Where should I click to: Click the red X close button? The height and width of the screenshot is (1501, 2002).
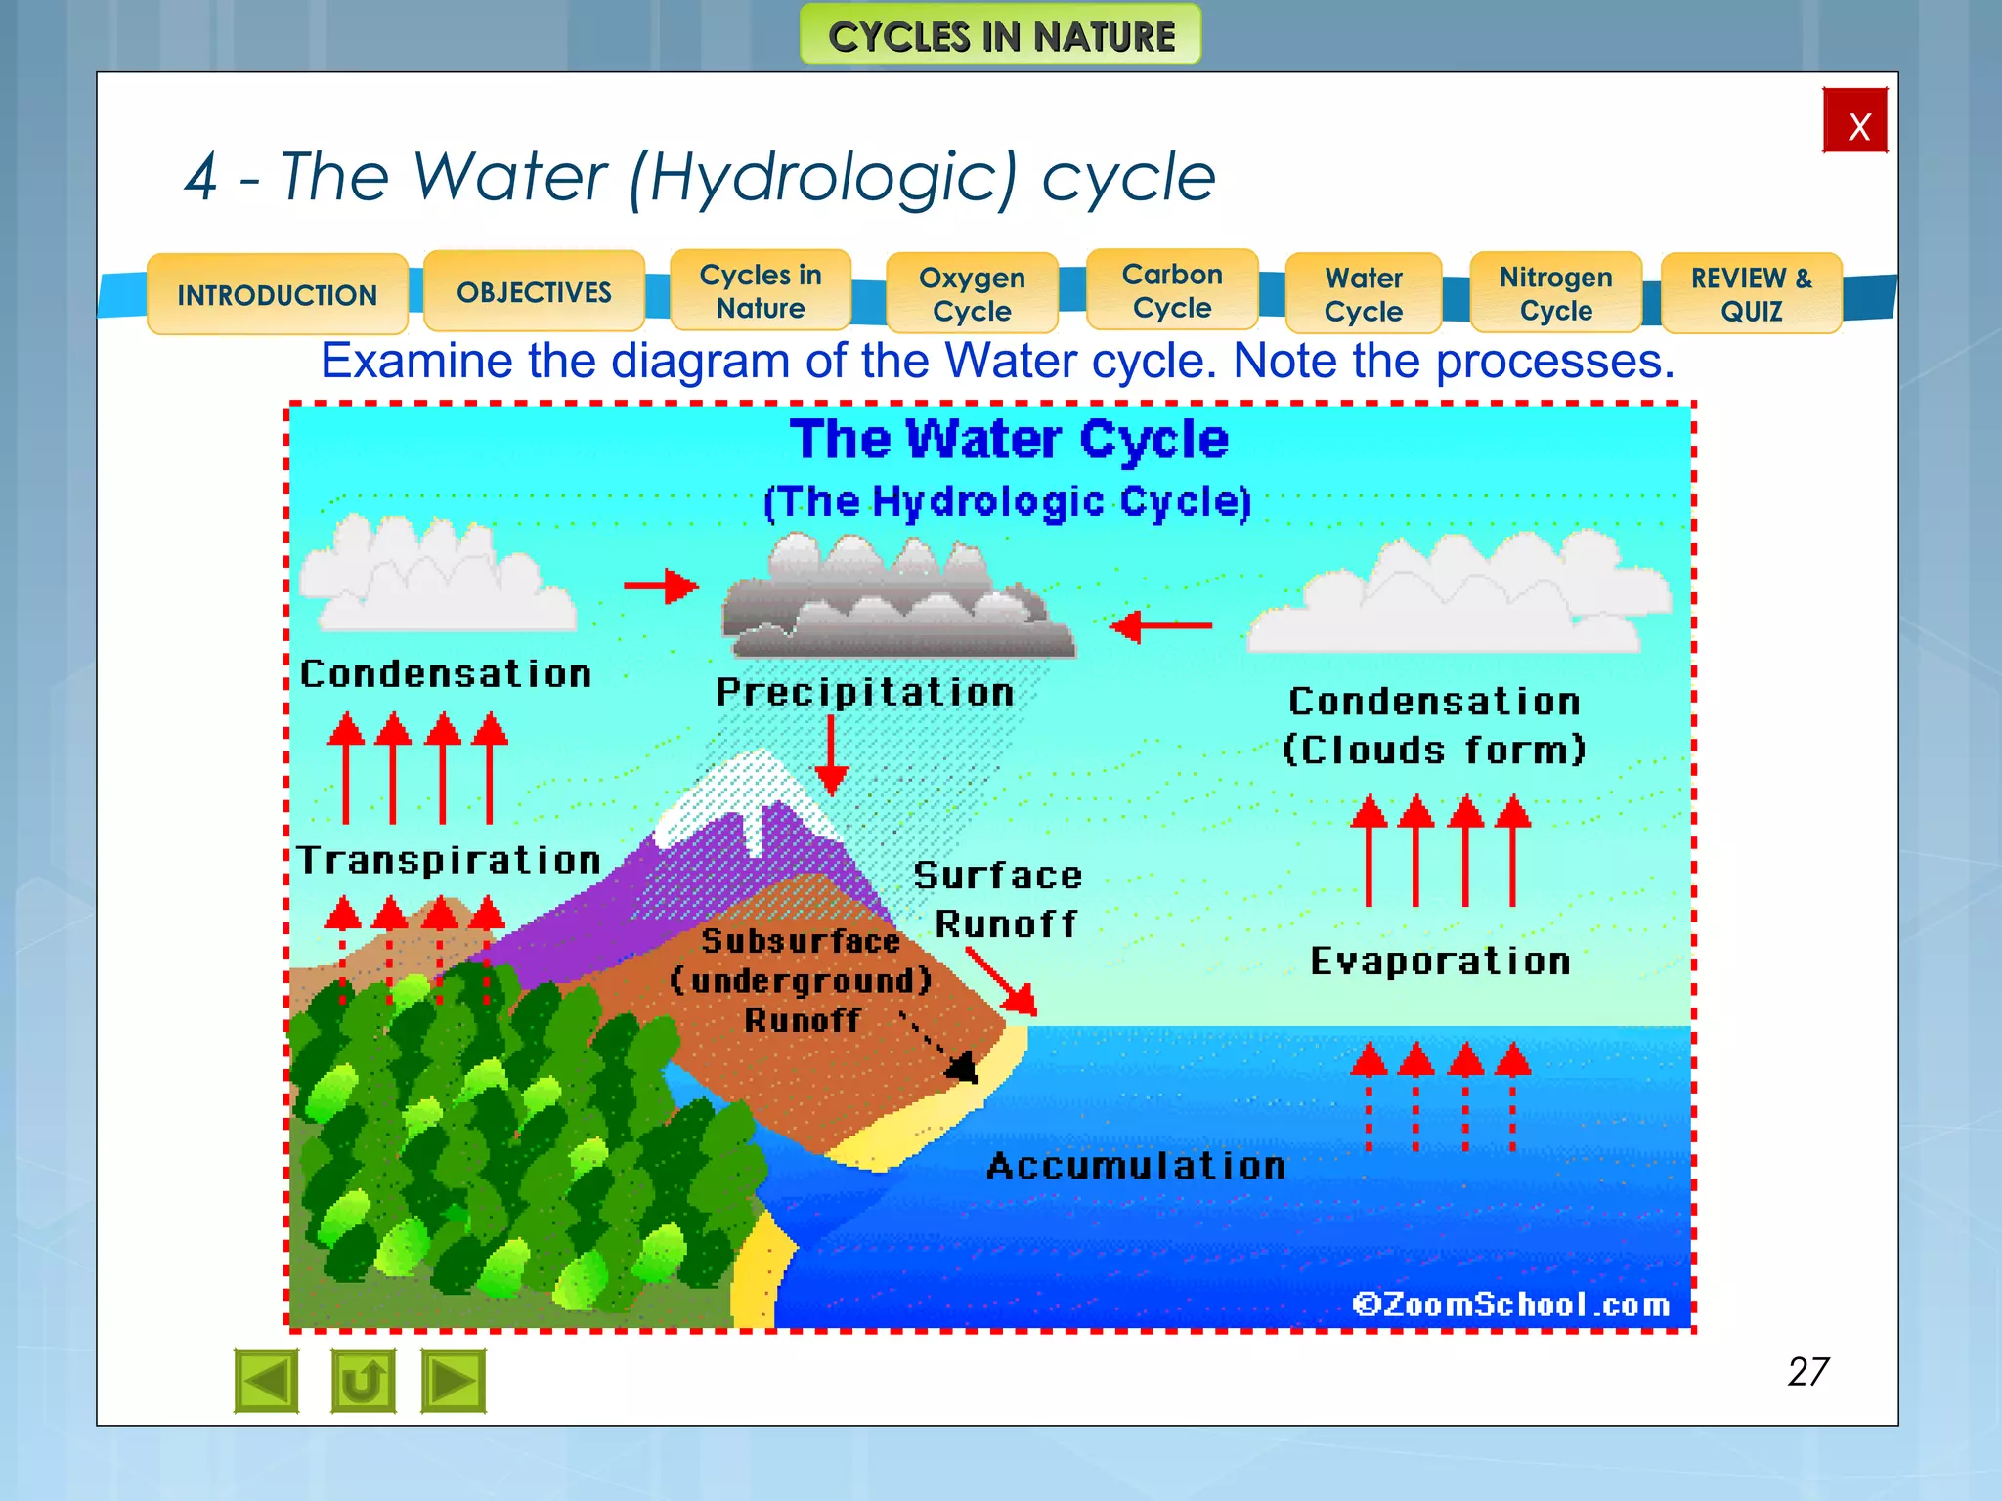point(1854,121)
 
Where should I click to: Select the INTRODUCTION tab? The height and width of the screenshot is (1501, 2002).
point(278,294)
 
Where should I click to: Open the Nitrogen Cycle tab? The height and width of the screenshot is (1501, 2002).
point(1555,293)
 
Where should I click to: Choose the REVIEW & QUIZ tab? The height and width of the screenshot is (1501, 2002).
point(1751,293)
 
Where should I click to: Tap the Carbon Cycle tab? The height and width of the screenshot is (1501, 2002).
point(1172,290)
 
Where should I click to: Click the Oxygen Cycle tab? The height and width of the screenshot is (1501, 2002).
point(972,293)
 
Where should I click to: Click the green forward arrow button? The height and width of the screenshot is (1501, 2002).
point(453,1381)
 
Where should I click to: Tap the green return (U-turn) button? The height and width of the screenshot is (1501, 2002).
point(363,1381)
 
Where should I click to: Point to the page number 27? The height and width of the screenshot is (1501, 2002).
point(1807,1372)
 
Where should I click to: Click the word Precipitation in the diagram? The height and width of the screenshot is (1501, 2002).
point(865,692)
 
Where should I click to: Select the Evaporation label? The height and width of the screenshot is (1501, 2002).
point(1440,962)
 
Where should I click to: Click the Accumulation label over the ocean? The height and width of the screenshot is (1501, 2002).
point(1136,1166)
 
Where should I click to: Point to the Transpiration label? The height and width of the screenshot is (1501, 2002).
point(449,860)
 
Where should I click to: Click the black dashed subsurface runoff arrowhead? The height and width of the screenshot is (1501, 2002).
point(963,1067)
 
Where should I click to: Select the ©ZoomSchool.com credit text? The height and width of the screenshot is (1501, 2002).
point(1511,1305)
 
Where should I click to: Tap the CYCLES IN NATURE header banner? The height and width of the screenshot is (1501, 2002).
point(1000,36)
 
